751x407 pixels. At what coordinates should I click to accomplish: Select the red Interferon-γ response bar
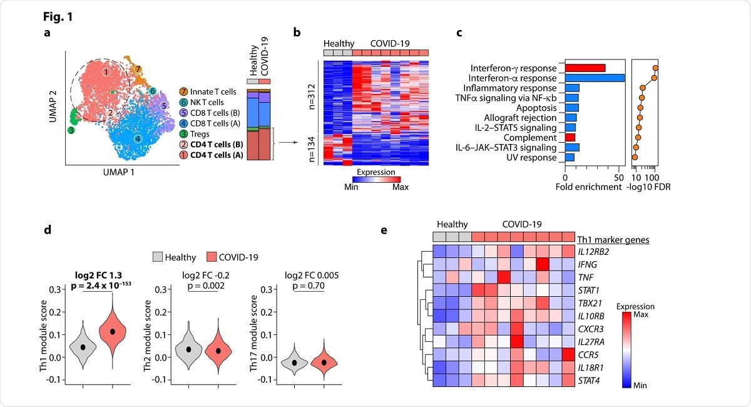(x=585, y=68)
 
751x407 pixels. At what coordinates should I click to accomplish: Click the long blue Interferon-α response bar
(x=595, y=78)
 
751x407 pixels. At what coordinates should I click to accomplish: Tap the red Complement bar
(x=570, y=137)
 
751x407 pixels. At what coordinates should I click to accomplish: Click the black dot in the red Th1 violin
(x=113, y=331)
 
